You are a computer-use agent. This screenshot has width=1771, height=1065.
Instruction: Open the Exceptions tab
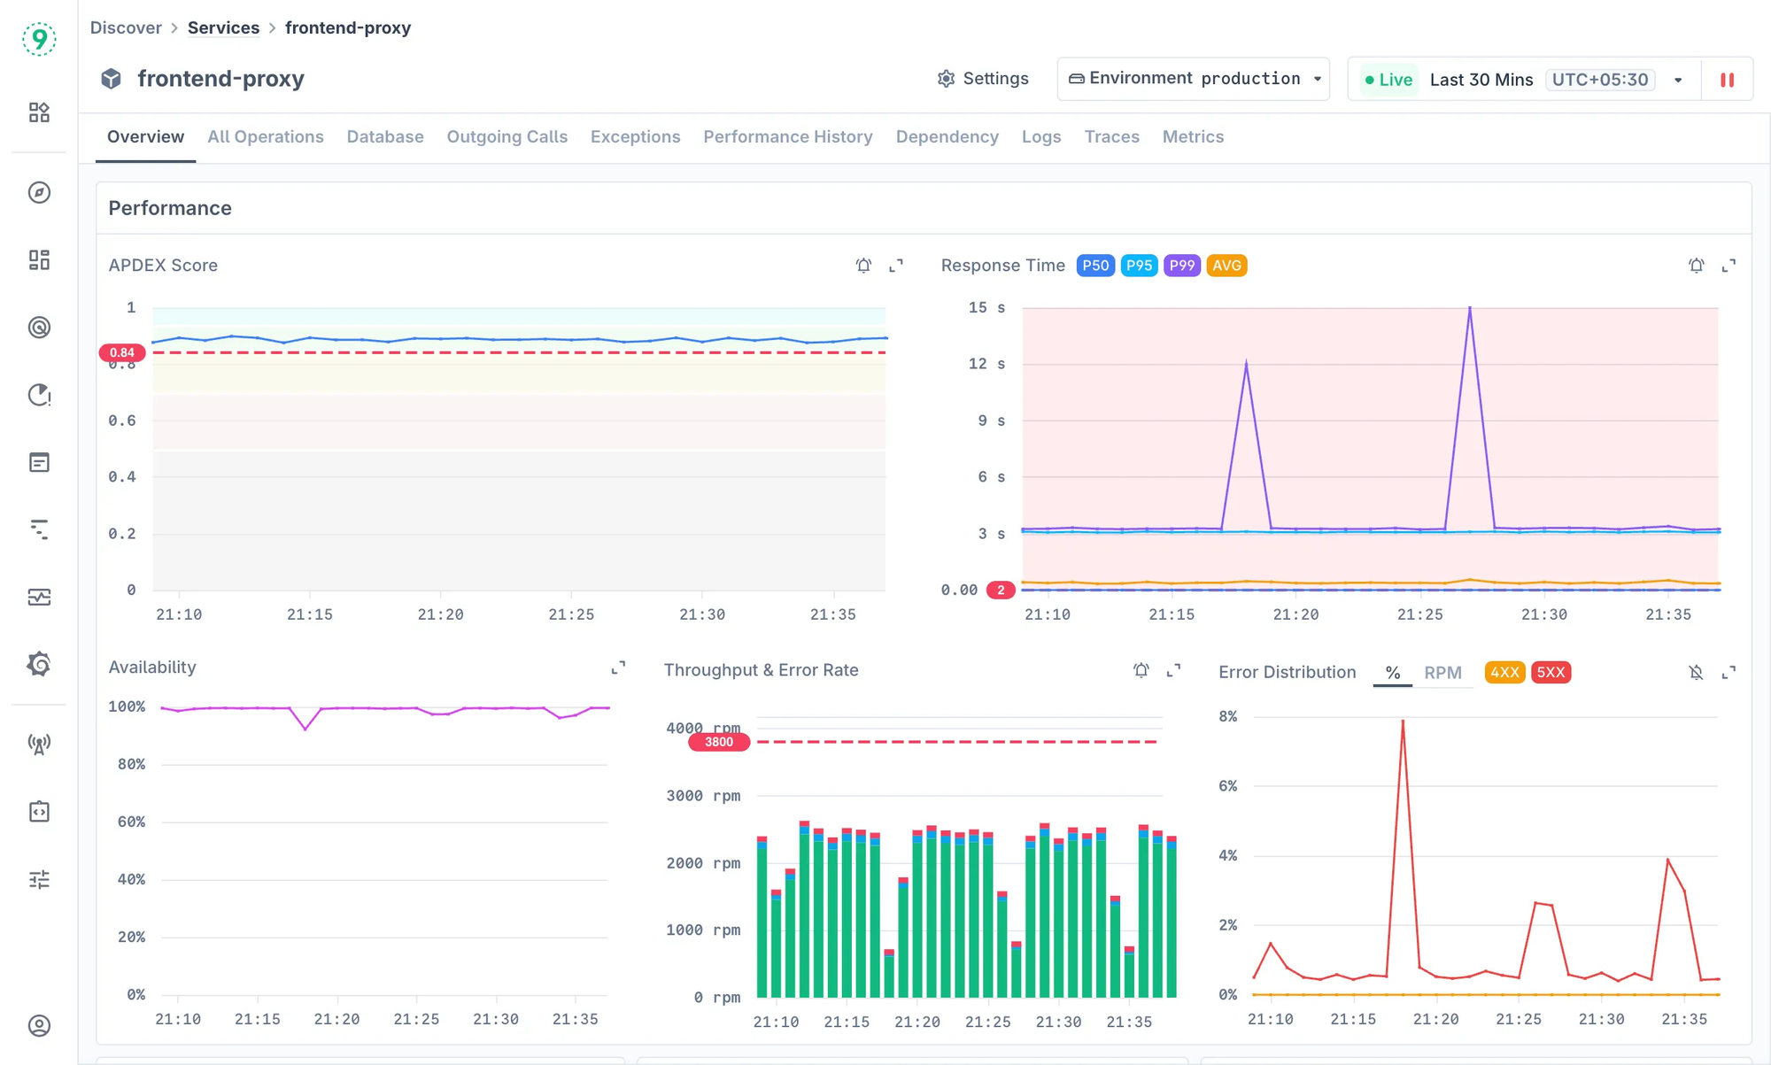coord(635,137)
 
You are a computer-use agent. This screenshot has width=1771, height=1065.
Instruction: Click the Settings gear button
coord(983,79)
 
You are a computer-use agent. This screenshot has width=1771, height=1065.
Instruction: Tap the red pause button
coord(1726,80)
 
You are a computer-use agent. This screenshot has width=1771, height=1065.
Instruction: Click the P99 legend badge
coord(1181,266)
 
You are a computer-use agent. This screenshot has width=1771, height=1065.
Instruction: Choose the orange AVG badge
coord(1226,266)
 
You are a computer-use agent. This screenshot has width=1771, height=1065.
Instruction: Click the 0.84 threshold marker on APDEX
coord(122,352)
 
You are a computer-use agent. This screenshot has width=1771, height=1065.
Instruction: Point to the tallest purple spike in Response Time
coord(1470,309)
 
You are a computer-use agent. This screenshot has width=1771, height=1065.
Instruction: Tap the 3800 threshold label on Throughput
coord(718,742)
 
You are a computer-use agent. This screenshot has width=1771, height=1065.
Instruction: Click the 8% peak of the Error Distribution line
coord(1403,722)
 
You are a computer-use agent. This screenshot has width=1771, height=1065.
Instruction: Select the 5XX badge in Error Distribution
coord(1550,673)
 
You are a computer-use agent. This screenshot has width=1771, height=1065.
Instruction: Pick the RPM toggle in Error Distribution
coord(1442,673)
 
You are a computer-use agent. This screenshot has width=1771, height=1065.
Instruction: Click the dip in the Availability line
coord(305,729)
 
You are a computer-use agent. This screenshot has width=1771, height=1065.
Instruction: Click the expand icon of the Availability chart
coord(618,668)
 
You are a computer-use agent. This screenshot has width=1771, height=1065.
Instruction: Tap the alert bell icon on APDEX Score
coord(863,266)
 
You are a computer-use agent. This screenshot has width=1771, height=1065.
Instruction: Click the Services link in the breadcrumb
coord(223,27)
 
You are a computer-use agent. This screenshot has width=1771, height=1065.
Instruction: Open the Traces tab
coord(1111,137)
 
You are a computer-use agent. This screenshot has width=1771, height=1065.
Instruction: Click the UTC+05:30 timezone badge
coord(1599,80)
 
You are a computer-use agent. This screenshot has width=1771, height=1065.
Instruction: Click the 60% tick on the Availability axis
coord(131,822)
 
